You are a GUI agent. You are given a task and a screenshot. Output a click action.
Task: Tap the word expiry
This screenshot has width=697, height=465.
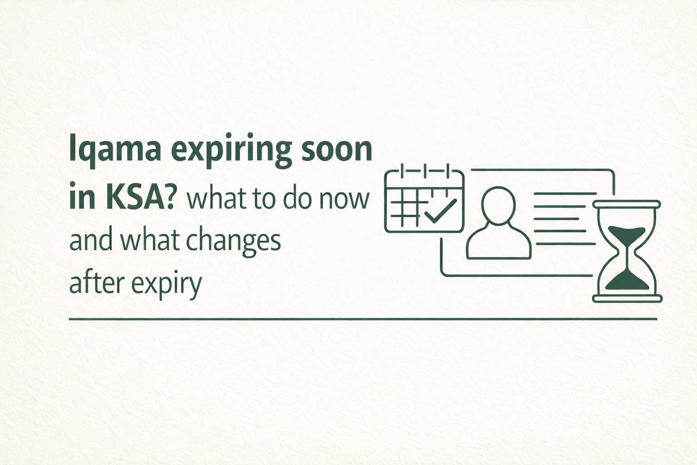tap(166, 285)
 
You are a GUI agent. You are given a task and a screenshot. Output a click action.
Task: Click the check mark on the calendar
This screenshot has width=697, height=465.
tap(439, 210)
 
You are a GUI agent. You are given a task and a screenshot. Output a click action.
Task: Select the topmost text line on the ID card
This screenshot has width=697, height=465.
tap(565, 194)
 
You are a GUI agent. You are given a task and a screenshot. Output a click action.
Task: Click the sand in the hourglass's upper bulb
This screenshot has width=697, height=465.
tap(627, 233)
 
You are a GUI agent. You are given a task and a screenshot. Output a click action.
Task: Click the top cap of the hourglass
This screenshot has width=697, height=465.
tap(627, 204)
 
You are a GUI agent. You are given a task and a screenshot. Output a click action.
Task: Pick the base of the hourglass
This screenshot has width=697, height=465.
tap(627, 298)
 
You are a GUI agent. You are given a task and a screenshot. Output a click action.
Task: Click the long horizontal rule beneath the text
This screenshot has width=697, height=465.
tap(363, 319)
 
